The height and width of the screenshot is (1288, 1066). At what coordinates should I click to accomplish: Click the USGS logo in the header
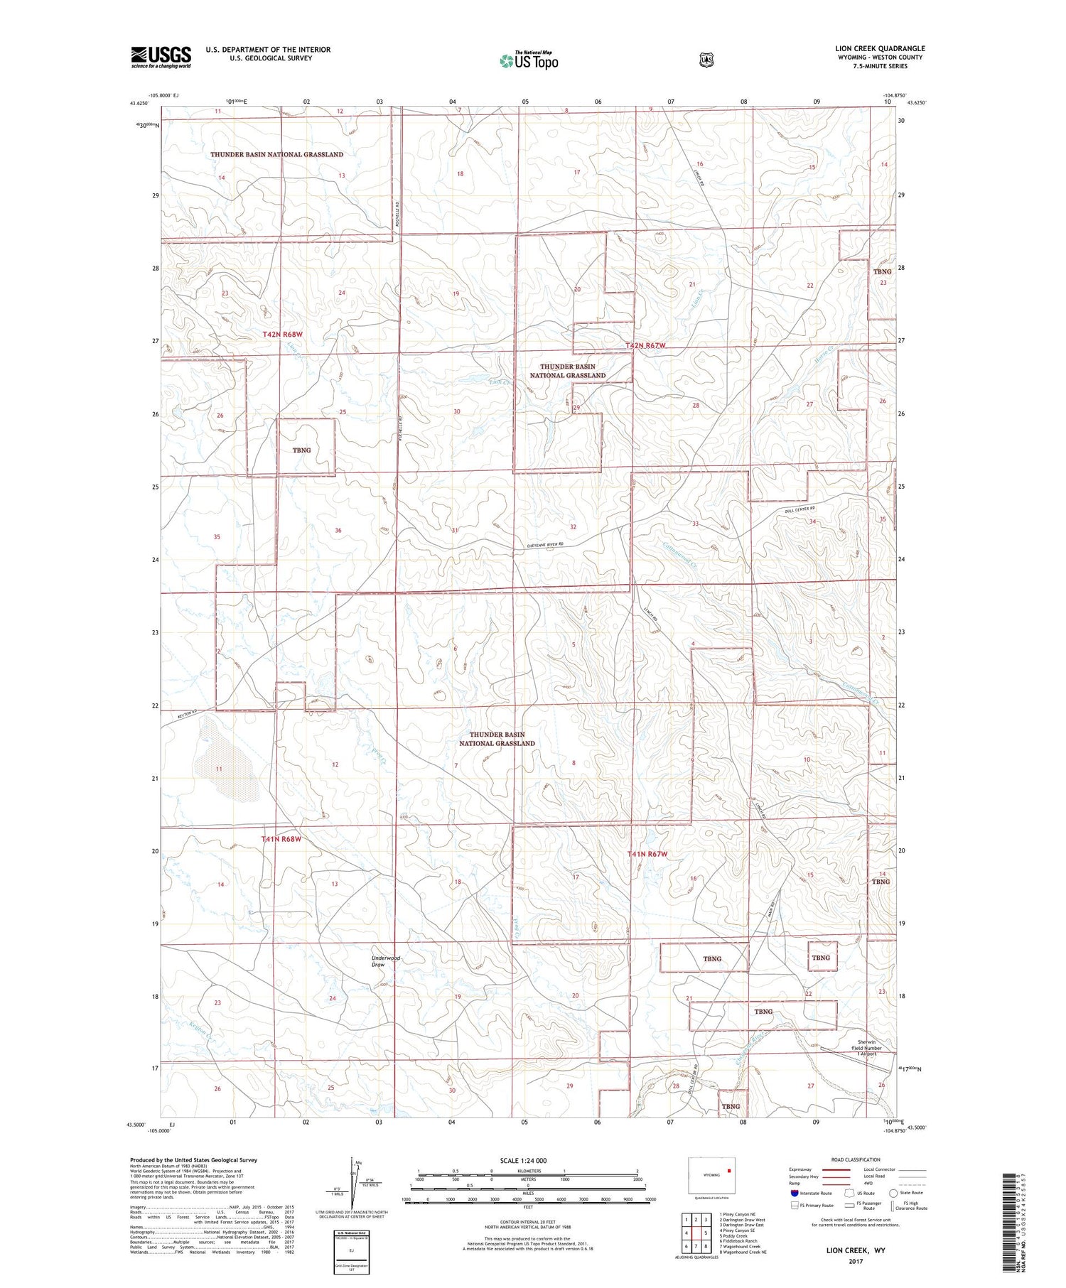161,57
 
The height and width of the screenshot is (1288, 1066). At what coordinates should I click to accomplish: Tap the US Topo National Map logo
529,60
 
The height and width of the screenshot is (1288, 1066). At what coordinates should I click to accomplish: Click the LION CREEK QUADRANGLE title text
880,49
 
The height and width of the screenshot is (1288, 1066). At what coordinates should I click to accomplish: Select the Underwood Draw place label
387,961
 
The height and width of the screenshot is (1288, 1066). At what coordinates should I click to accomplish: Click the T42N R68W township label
282,334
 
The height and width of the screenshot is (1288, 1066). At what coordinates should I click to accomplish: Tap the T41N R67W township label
647,854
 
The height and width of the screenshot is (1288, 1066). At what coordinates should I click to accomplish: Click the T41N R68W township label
281,839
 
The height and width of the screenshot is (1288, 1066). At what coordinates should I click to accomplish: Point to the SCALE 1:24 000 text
523,1160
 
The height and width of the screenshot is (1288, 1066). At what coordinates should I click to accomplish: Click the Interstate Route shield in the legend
795,1193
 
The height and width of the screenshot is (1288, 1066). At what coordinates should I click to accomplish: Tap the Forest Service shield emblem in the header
706,60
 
